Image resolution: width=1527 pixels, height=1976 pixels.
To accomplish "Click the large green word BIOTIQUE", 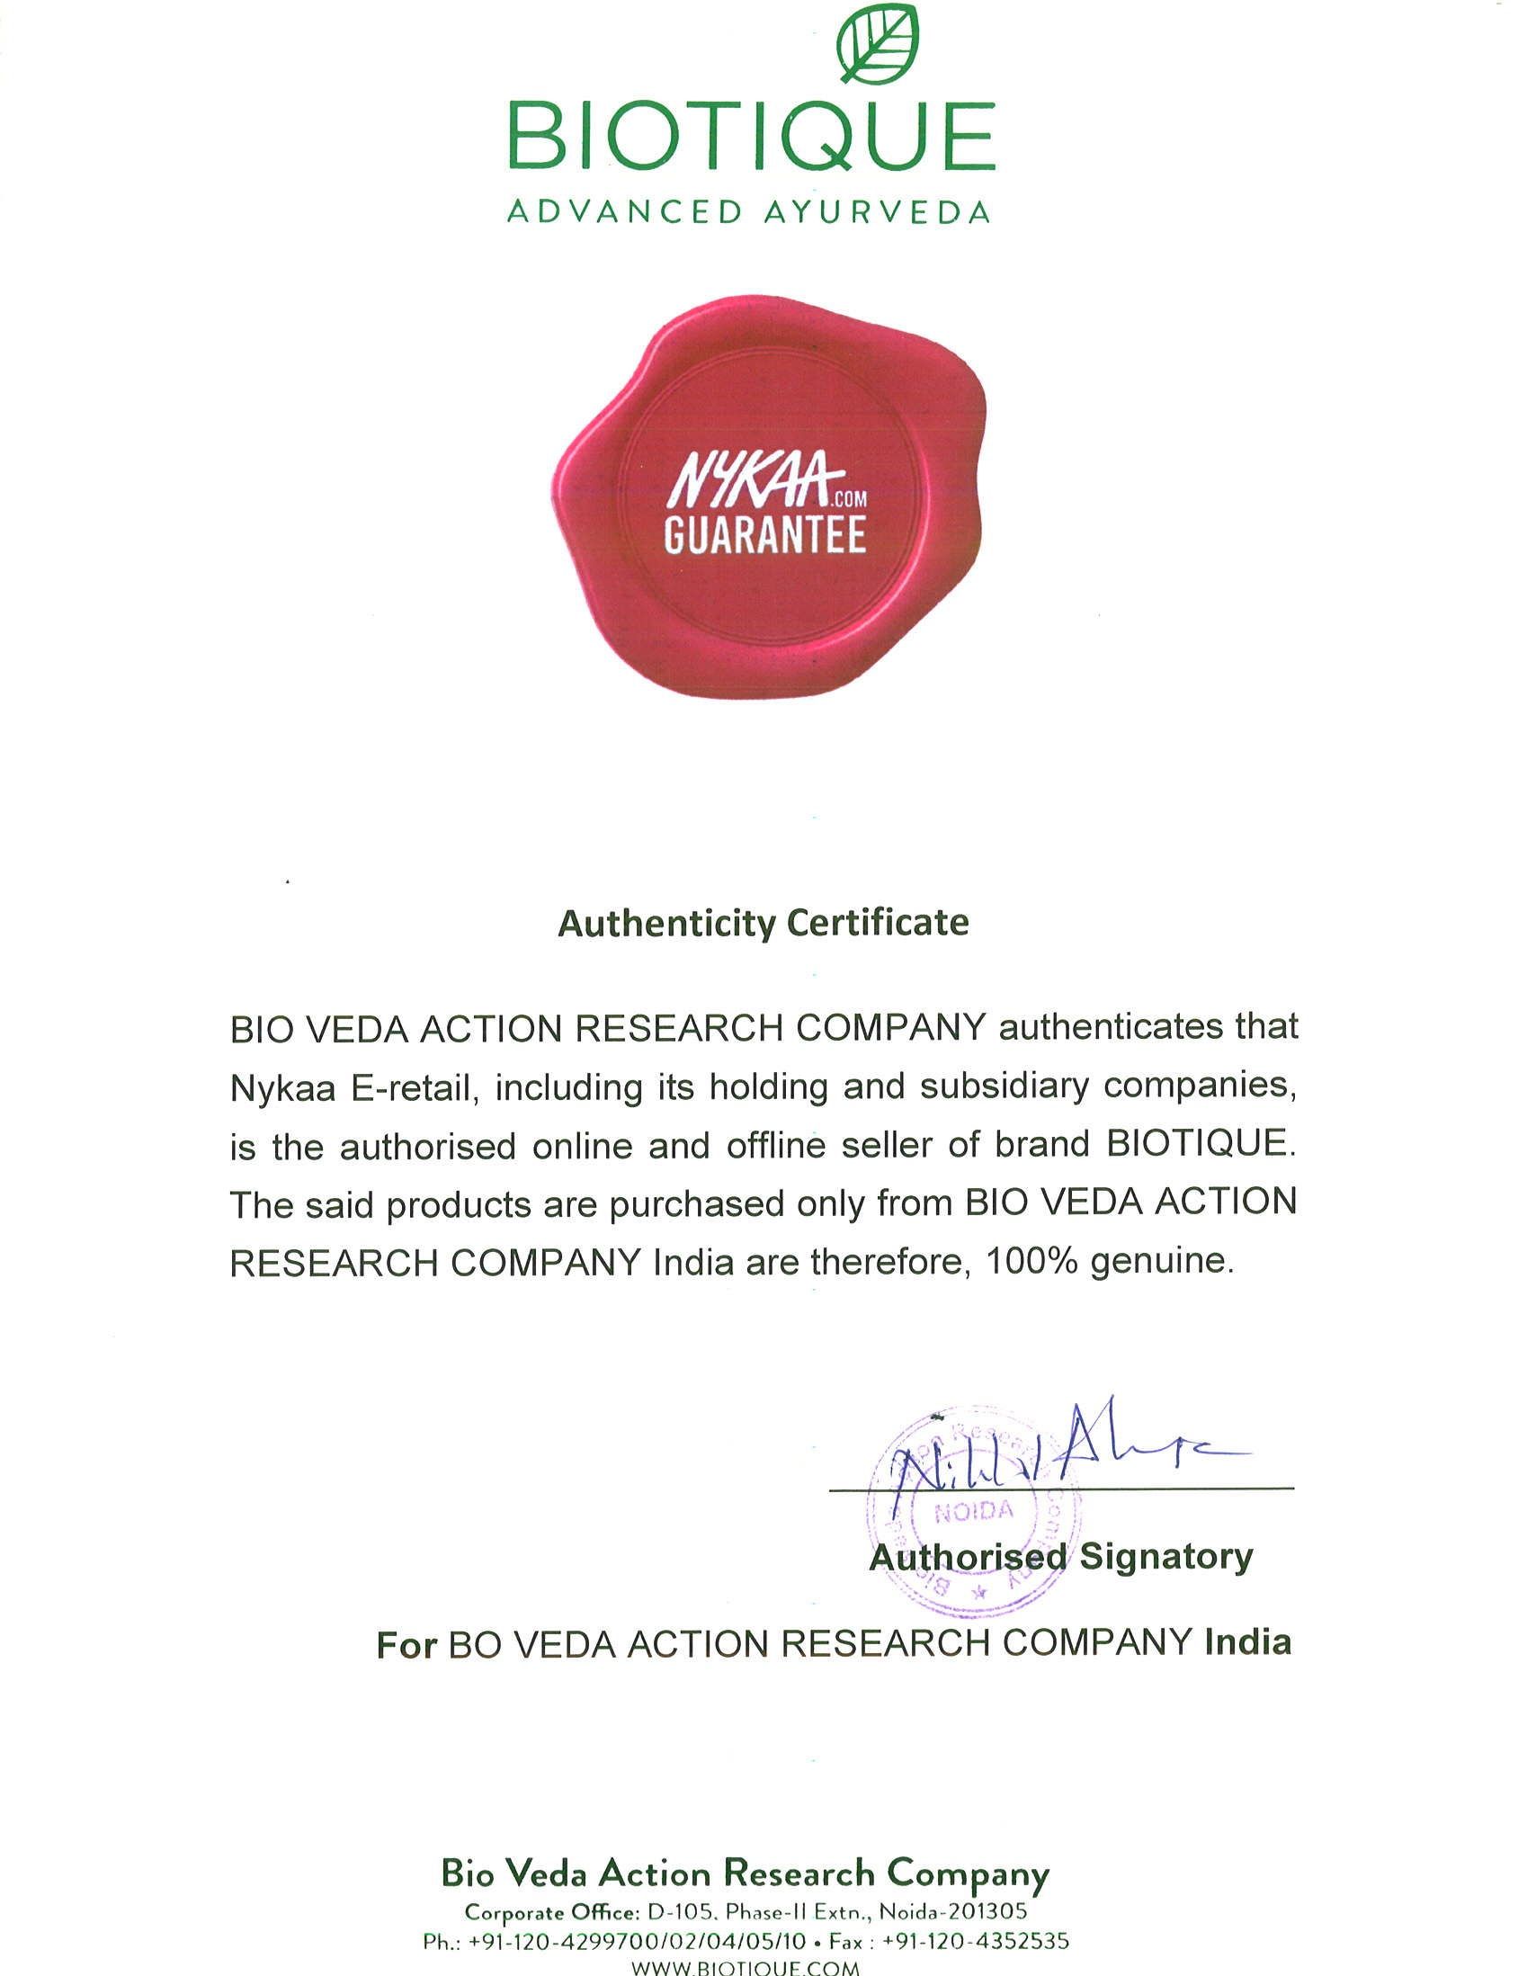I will pyautogui.click(x=750, y=138).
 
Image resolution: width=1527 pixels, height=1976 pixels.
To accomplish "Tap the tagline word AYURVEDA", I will pyautogui.click(x=877, y=212).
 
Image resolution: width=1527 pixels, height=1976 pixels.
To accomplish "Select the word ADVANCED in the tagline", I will pyautogui.click(x=624, y=212).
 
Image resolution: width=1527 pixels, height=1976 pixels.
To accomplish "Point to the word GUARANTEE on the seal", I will pyautogui.click(x=764, y=535).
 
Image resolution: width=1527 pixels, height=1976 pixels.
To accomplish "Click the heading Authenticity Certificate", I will pyautogui.click(x=763, y=924).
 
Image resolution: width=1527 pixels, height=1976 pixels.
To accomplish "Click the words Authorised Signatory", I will pyautogui.click(x=1061, y=1557).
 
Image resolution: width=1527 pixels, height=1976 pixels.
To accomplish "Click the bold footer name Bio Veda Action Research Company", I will pyautogui.click(x=745, y=1873).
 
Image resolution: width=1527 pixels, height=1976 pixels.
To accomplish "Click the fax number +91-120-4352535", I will pyautogui.click(x=975, y=1942).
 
